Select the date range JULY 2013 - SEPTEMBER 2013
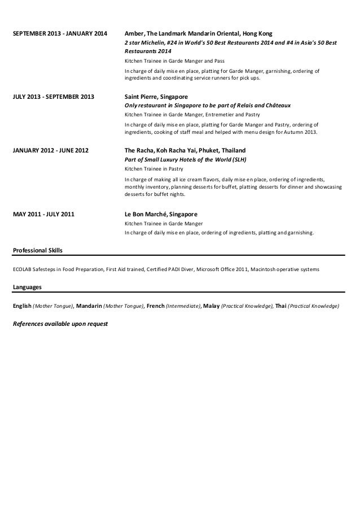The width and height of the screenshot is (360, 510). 53,97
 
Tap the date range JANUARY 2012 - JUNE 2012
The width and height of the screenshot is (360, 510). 50,151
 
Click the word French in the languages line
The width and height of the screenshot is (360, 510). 155,306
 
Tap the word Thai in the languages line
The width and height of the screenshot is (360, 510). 281,306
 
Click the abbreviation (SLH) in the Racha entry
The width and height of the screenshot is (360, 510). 242,160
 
